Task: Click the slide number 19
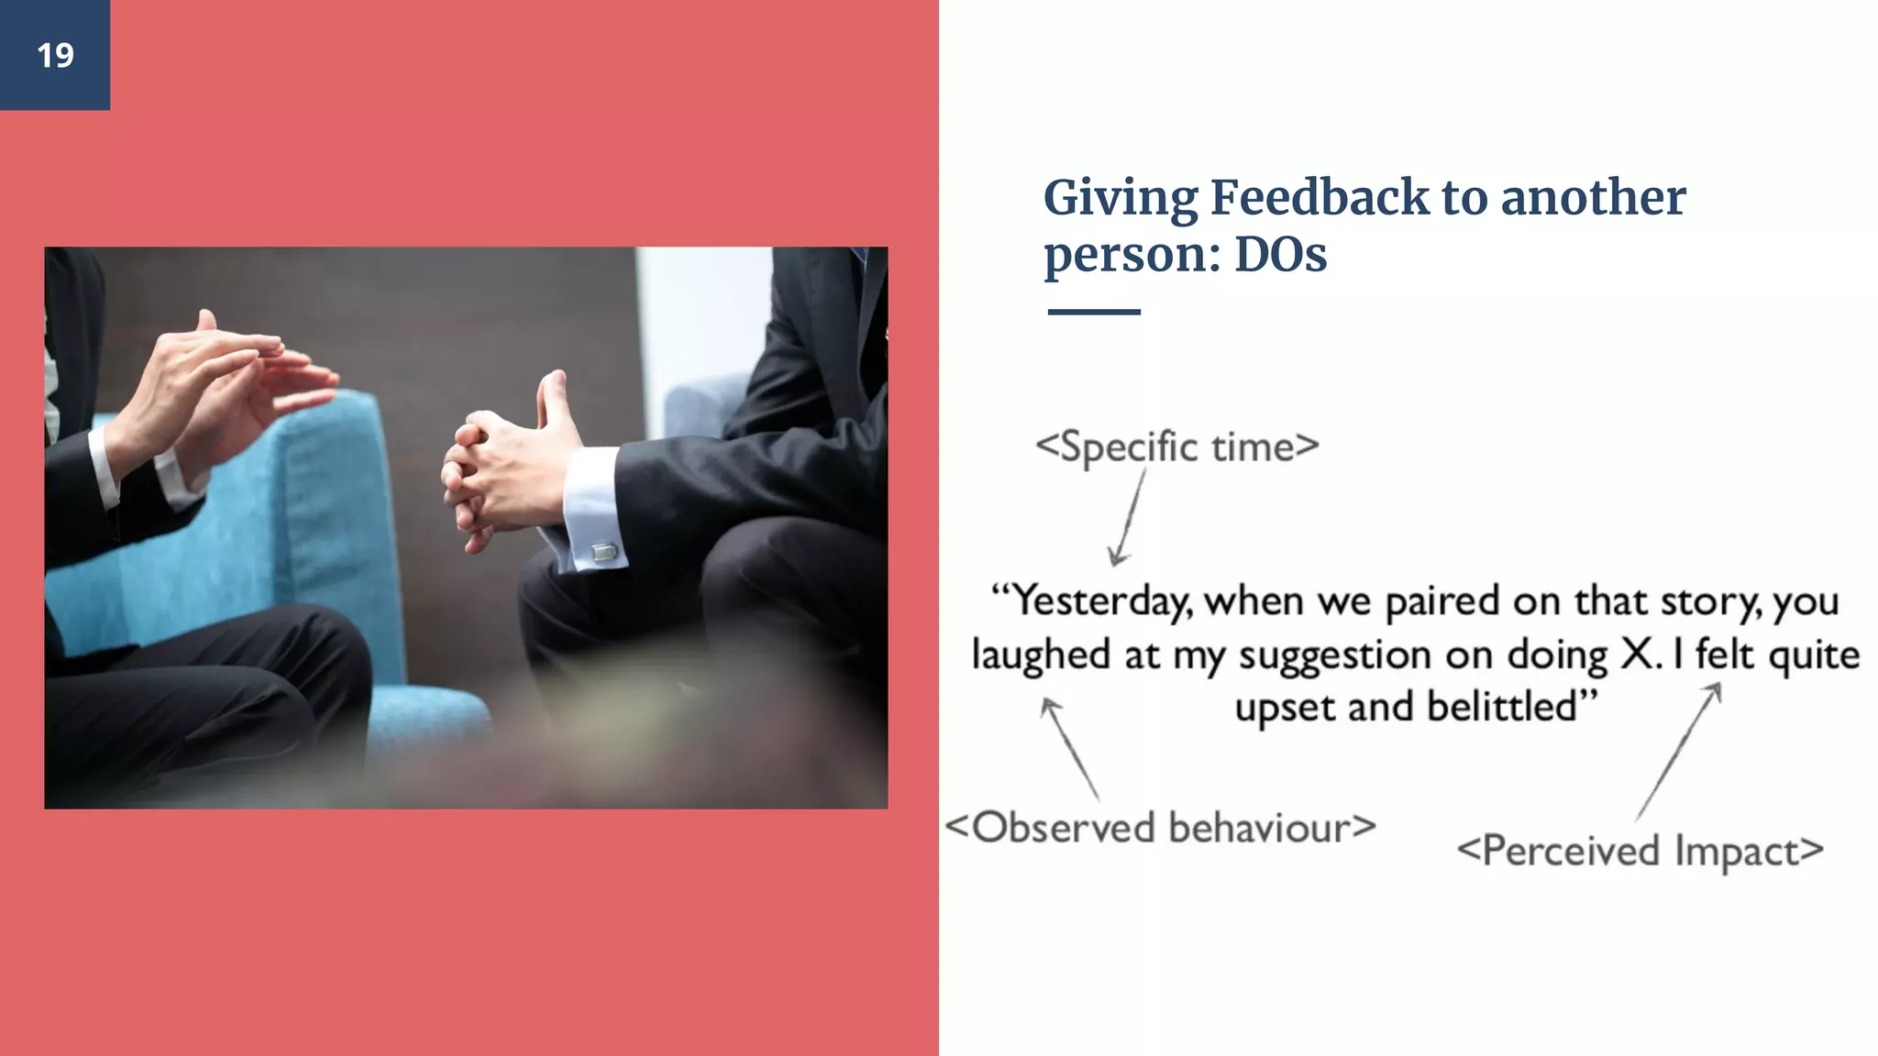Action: click(x=55, y=56)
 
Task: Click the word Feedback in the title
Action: click(x=1320, y=198)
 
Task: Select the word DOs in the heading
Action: click(x=1280, y=255)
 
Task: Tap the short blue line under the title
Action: click(x=1093, y=313)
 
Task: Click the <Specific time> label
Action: click(x=1177, y=447)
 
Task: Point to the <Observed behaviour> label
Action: click(x=1160, y=828)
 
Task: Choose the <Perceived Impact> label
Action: click(x=1640, y=851)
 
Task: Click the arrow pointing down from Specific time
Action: click(x=1129, y=518)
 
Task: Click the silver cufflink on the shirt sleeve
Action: click(x=603, y=552)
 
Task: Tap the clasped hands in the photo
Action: click(x=500, y=472)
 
